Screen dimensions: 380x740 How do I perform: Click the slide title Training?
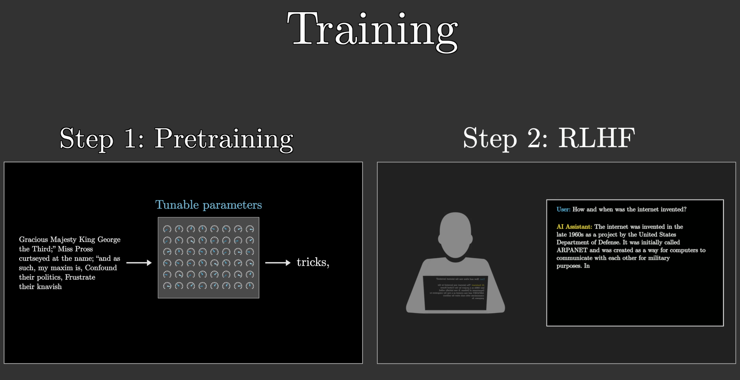(x=372, y=30)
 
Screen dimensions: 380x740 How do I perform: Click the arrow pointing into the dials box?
(x=139, y=262)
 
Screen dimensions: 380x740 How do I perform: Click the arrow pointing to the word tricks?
(x=277, y=262)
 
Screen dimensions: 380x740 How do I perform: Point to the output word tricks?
(x=312, y=262)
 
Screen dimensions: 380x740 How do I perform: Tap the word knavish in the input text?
(x=49, y=287)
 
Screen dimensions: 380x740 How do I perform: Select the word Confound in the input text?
(x=101, y=268)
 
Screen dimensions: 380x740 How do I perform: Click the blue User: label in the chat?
(x=563, y=209)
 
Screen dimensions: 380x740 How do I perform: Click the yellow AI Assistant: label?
(x=574, y=227)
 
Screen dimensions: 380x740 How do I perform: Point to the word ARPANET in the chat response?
(x=572, y=250)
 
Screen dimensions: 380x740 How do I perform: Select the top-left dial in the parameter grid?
(x=167, y=229)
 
